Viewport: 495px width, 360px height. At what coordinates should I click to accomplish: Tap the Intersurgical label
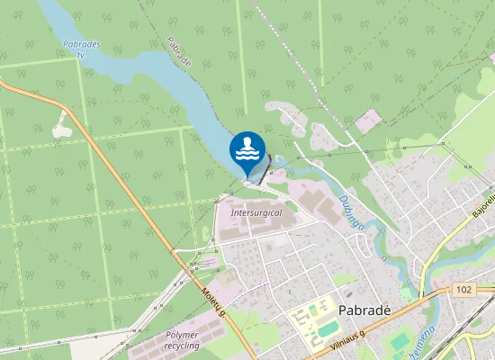256,212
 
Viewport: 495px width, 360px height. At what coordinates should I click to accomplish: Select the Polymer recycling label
183,340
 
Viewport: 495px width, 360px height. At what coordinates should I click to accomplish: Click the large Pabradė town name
364,309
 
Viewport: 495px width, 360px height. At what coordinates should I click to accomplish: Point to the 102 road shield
463,290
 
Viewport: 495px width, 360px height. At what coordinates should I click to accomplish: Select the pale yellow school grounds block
310,322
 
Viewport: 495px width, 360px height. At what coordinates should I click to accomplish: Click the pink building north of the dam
368,121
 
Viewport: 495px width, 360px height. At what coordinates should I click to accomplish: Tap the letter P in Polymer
167,335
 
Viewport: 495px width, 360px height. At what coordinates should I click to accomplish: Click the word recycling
183,346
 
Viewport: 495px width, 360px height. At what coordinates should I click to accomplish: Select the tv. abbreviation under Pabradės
81,54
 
